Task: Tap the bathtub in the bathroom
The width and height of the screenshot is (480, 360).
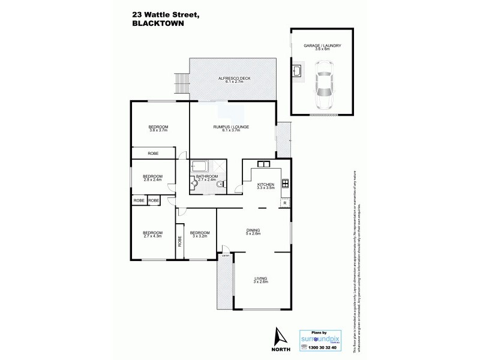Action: (199, 167)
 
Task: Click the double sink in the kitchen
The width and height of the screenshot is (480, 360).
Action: (264, 163)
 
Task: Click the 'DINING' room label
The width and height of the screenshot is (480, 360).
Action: (253, 230)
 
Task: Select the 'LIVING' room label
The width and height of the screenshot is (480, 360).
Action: (260, 278)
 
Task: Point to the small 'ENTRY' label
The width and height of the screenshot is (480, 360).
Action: (226, 256)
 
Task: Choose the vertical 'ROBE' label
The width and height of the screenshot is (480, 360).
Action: (179, 241)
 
